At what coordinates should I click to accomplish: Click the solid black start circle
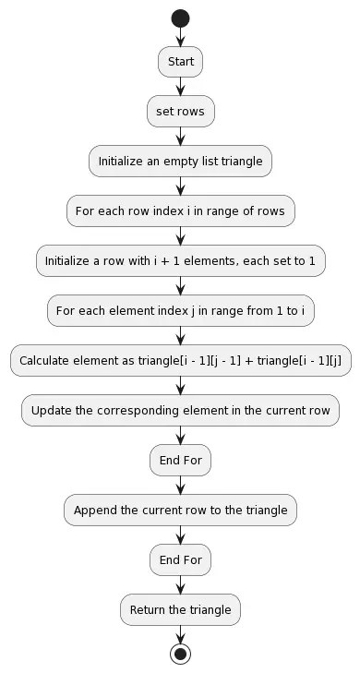coord(180,18)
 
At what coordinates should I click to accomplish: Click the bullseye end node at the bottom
coord(180,654)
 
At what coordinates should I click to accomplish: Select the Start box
coord(180,62)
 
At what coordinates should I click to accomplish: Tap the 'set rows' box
coord(180,112)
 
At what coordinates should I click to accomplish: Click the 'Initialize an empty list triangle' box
coord(180,162)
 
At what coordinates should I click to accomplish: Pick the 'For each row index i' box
coord(180,211)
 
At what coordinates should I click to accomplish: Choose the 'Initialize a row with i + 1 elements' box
coord(180,261)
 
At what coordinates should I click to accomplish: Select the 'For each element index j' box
coord(180,311)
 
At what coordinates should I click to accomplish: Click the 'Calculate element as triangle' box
coord(180,361)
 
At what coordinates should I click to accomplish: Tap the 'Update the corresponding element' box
coord(180,411)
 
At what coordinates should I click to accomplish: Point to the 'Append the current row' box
coord(180,510)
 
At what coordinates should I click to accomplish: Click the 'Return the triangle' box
coord(180,609)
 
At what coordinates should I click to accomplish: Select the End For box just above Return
coord(180,559)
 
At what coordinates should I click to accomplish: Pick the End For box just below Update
coord(180,460)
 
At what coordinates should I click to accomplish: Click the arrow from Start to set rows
coord(180,87)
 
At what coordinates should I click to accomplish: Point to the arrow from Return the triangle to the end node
coord(180,633)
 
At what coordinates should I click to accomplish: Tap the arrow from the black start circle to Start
coord(180,38)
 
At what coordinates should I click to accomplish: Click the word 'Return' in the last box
coord(150,609)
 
